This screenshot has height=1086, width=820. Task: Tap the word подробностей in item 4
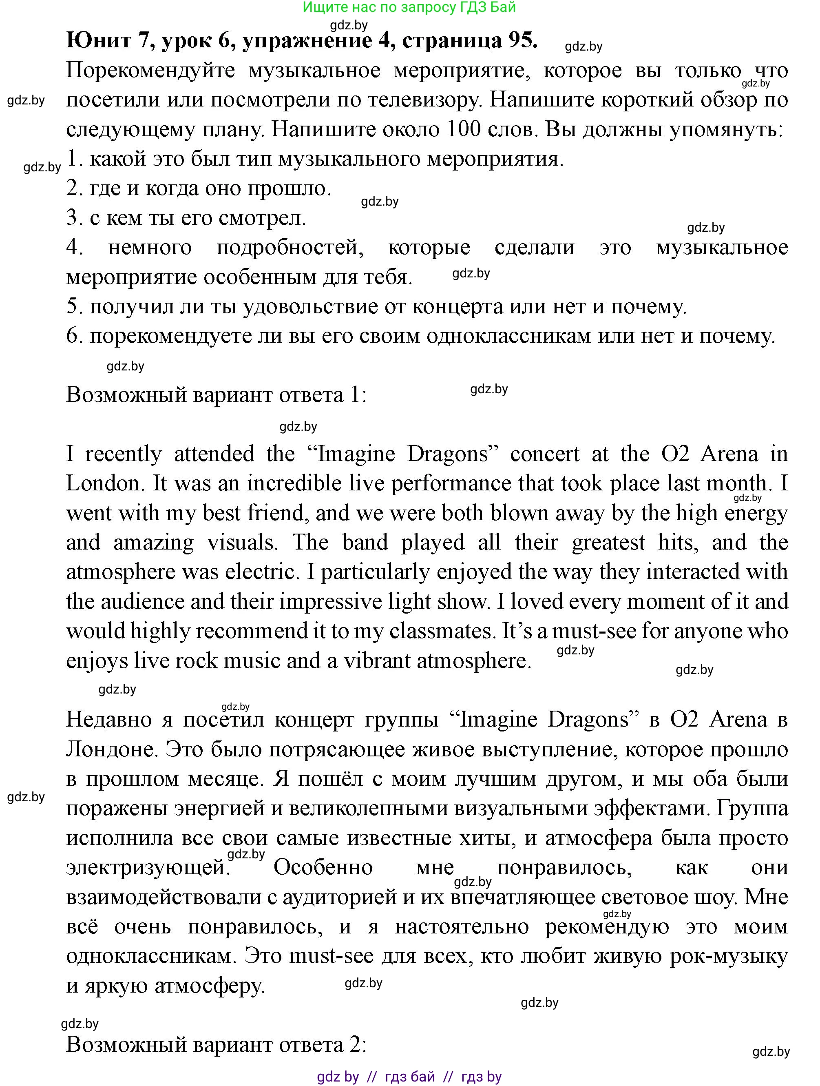pos(290,248)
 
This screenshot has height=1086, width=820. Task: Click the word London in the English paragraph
pos(103,483)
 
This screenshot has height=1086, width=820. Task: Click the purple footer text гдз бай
pos(410,1077)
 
